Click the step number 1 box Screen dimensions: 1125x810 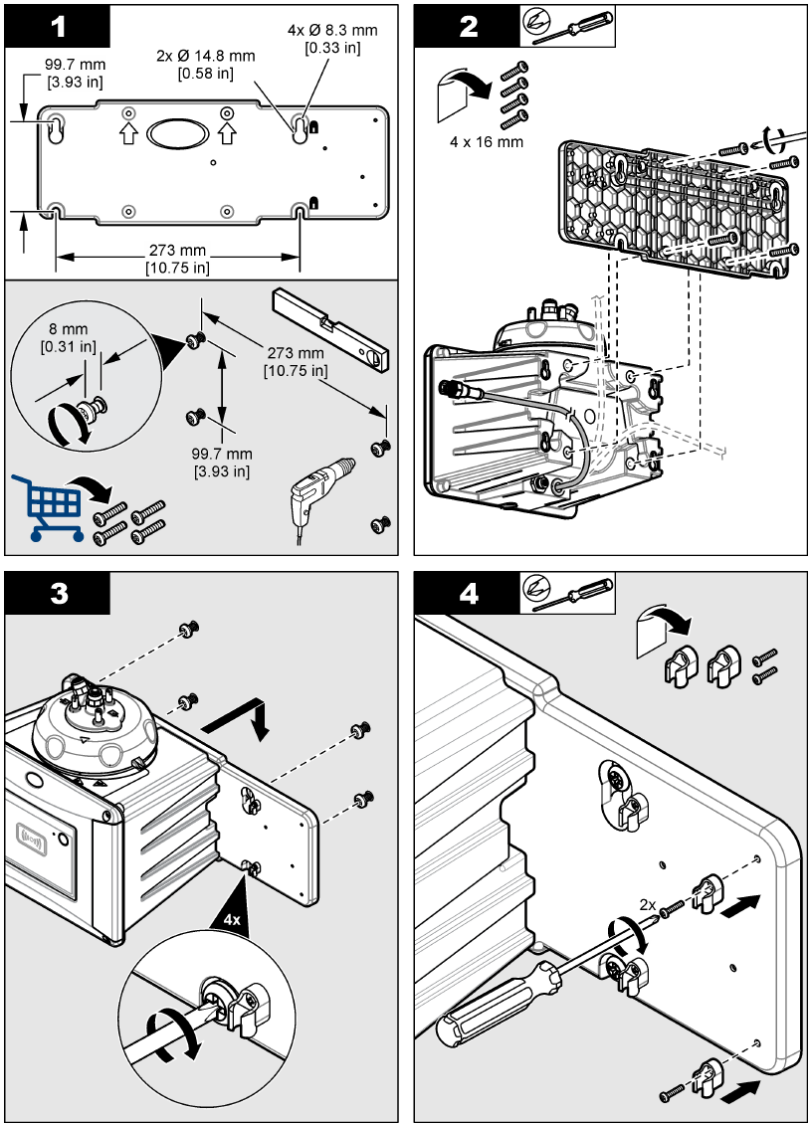[57, 25]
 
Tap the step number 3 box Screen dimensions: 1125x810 [58, 594]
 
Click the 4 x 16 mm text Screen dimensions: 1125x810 [487, 141]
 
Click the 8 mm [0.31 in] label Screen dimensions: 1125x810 [69, 337]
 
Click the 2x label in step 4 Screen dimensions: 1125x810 [648, 905]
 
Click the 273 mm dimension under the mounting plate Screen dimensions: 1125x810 [178, 258]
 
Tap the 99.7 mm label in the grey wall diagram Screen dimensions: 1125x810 [222, 462]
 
